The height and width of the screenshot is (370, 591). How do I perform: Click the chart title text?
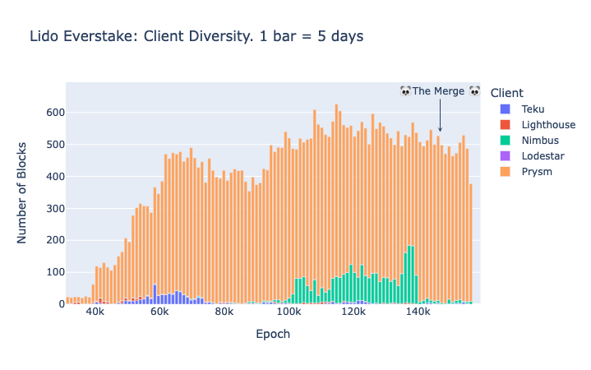tap(196, 36)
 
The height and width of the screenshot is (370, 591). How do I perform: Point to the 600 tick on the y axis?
tap(54, 113)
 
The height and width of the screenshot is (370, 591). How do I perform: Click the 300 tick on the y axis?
tap(54, 208)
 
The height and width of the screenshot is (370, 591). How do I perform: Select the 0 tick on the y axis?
tap(59, 304)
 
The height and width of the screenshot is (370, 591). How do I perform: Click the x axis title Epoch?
tap(273, 335)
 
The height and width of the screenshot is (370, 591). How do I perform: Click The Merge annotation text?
tap(439, 91)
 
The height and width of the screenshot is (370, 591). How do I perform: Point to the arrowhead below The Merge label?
tap(440, 129)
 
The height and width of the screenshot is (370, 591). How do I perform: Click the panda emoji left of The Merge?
tap(405, 91)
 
